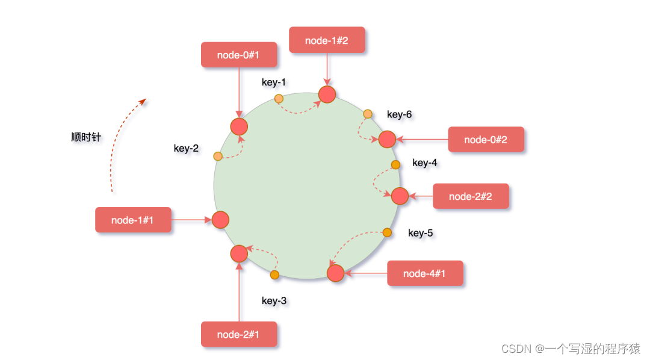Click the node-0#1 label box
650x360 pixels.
[x=239, y=55]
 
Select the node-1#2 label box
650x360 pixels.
[x=327, y=40]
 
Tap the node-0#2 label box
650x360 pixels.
[x=486, y=140]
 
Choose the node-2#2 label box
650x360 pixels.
[x=471, y=196]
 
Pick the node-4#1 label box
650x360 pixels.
[x=425, y=273]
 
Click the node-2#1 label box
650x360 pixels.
[x=239, y=334]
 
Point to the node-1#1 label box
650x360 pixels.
[x=133, y=220]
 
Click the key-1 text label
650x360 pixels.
[x=274, y=82]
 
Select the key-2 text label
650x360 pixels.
[x=186, y=149]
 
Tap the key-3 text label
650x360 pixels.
[x=274, y=301]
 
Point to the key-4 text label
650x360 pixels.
[x=425, y=163]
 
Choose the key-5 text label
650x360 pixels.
[x=421, y=233]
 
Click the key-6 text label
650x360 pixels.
[x=399, y=114]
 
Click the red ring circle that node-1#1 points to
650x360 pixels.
[x=220, y=220]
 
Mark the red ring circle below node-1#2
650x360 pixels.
[x=327, y=95]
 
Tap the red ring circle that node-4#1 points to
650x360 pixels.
[x=335, y=273]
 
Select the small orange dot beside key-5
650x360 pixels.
[x=387, y=232]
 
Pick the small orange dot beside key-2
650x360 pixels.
[x=218, y=157]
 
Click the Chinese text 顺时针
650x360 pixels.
[x=86, y=137]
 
